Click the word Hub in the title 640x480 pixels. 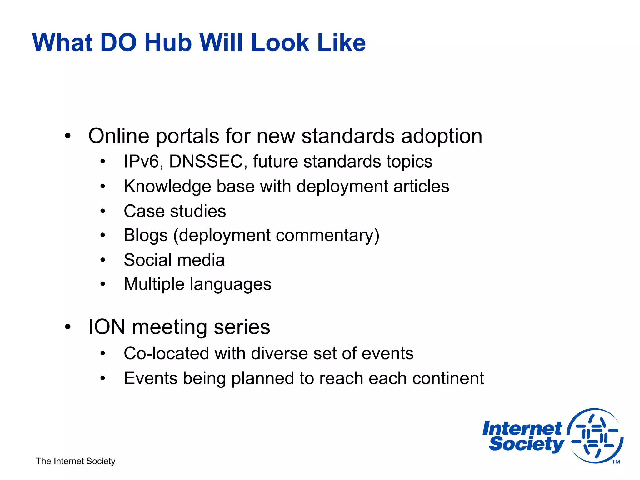click(168, 43)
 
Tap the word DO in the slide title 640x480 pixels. click(118, 43)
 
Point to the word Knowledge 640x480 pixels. click(167, 187)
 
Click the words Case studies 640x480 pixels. click(175, 211)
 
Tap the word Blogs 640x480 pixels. click(146, 235)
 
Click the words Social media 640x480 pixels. click(174, 260)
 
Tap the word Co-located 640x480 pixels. click(166, 353)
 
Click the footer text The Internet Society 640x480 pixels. click(76, 461)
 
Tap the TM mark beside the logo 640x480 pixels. click(616, 462)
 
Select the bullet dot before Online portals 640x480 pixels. click(68, 136)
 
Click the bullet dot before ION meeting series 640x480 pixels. click(68, 327)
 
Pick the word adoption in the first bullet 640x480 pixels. click(442, 136)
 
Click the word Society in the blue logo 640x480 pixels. click(526, 444)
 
